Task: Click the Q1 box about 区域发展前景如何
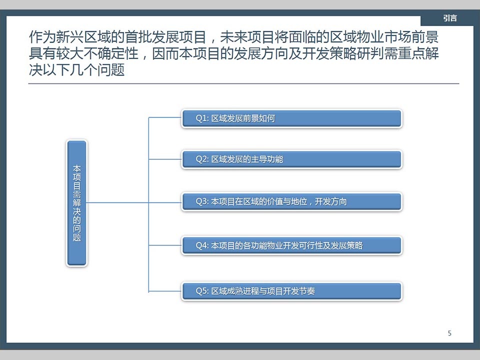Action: pyautogui.click(x=291, y=118)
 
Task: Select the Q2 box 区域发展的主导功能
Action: pyautogui.click(x=291, y=159)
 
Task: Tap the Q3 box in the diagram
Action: pyautogui.click(x=291, y=201)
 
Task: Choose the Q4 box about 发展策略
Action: pyautogui.click(x=291, y=245)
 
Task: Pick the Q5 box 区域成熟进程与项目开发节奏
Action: pyautogui.click(x=291, y=291)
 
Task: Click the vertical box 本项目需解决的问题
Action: pyautogui.click(x=76, y=203)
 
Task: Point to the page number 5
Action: pyautogui.click(x=449, y=333)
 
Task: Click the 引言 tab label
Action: pyautogui.click(x=450, y=18)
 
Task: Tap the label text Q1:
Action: pyautogui.click(x=202, y=118)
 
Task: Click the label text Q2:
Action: pyautogui.click(x=202, y=159)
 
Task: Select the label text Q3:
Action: pyautogui.click(x=202, y=201)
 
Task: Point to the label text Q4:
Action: pyautogui.click(x=202, y=245)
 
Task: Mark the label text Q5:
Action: pyautogui.click(x=202, y=291)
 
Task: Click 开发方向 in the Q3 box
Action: pyautogui.click(x=331, y=201)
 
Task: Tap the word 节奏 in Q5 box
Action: pyautogui.click(x=307, y=291)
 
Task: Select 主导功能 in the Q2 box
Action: pyautogui.click(x=267, y=159)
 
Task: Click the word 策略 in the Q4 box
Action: pyautogui.click(x=355, y=245)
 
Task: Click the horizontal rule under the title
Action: pyautogui.click(x=243, y=83)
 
